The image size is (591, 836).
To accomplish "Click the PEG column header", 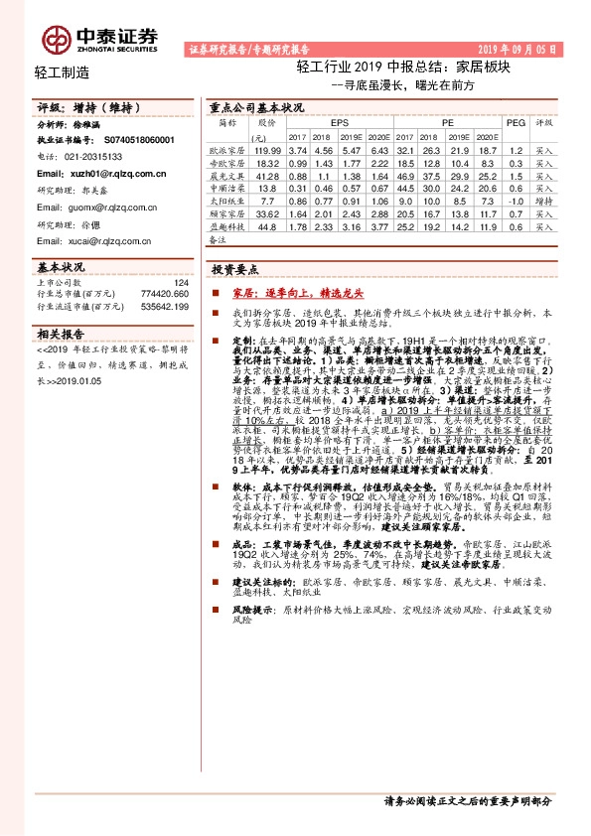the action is coord(515,122).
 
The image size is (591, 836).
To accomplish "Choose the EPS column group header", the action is coord(326,122).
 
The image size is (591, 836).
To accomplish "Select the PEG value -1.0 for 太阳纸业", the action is coord(515,200).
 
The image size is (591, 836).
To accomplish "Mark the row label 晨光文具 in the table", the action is coord(227,174).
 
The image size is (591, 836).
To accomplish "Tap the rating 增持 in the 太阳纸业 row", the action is coord(544,200).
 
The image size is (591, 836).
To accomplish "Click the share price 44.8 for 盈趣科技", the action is coord(266,225).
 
